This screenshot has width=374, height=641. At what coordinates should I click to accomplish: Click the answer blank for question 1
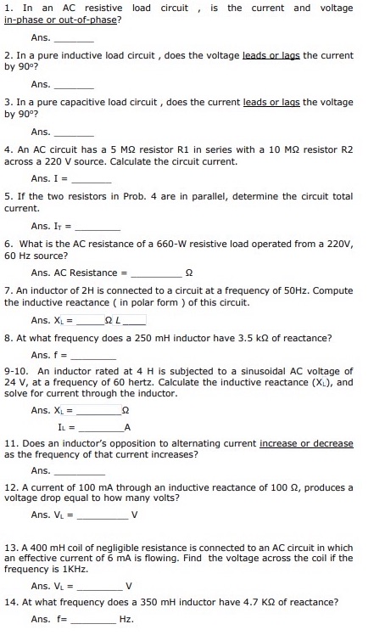(75, 40)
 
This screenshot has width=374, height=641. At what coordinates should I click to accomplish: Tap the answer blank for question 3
(75, 133)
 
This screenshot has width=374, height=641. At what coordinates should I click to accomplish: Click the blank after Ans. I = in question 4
(92, 180)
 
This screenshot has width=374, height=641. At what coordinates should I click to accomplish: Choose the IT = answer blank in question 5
(99, 228)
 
